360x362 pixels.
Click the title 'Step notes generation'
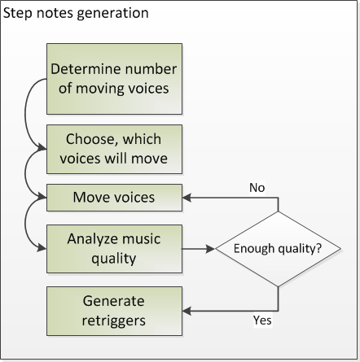point(76,13)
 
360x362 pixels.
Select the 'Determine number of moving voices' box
point(114,79)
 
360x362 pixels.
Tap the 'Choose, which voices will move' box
point(114,149)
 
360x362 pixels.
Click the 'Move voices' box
point(114,198)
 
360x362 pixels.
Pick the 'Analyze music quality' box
point(114,249)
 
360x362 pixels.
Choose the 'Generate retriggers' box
point(114,311)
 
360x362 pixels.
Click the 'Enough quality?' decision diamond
point(278,249)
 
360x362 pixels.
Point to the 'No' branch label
point(257,188)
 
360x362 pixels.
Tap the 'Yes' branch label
point(262,321)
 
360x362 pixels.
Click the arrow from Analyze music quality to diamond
point(198,249)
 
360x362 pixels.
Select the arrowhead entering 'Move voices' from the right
point(187,198)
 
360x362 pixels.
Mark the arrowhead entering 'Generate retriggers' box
point(187,311)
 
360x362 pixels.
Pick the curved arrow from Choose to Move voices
point(25,172)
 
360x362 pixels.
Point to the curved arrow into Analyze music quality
point(25,223)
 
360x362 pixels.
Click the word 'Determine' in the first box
point(86,69)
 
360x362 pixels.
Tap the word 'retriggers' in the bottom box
point(114,321)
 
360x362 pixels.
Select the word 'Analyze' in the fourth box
point(92,239)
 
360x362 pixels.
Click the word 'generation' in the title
point(112,14)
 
